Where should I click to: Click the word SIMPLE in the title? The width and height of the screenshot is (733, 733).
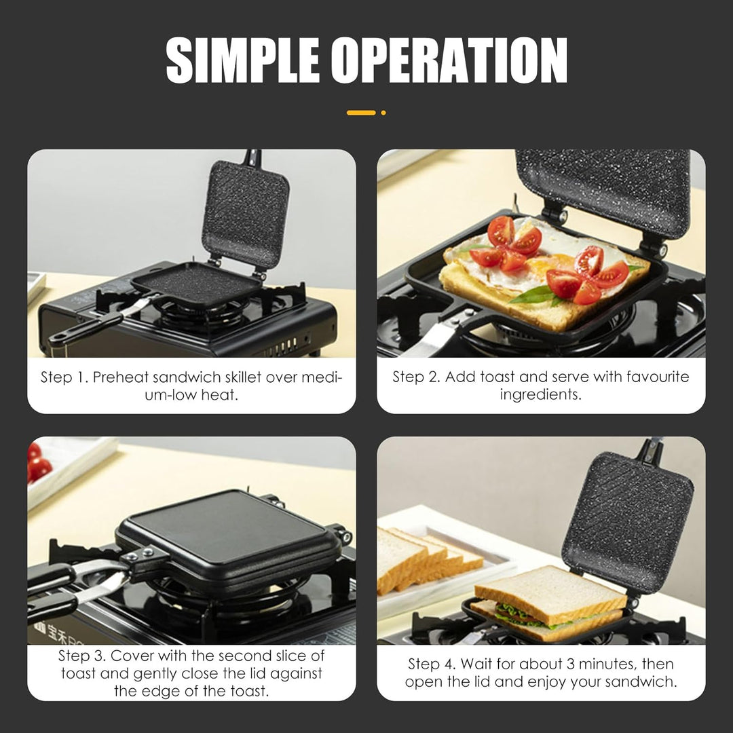(242, 60)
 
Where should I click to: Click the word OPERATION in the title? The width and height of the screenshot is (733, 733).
(450, 60)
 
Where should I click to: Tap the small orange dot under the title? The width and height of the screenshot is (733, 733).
(383, 113)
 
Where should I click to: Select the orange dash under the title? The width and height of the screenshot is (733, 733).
(361, 113)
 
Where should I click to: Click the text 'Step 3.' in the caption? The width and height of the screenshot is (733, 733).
(81, 656)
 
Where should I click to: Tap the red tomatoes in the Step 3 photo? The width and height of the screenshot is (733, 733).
(39, 462)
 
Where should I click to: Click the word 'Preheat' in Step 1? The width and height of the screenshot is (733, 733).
(121, 377)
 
